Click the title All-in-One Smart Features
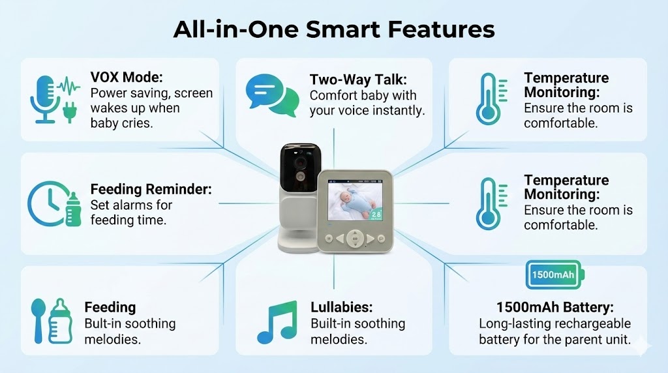[334, 29]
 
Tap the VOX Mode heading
[127, 77]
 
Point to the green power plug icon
[70, 112]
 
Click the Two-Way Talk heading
[358, 80]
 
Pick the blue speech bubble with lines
[264, 90]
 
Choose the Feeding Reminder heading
[151, 189]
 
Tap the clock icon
[47, 204]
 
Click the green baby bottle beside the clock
[73, 209]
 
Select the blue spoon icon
[38, 320]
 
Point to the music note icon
[277, 322]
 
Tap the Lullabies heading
[342, 307]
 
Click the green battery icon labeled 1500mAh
[554, 275]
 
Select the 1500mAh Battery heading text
[555, 307]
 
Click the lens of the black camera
[300, 162]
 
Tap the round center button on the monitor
[355, 239]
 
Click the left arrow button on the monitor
[340, 239]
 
